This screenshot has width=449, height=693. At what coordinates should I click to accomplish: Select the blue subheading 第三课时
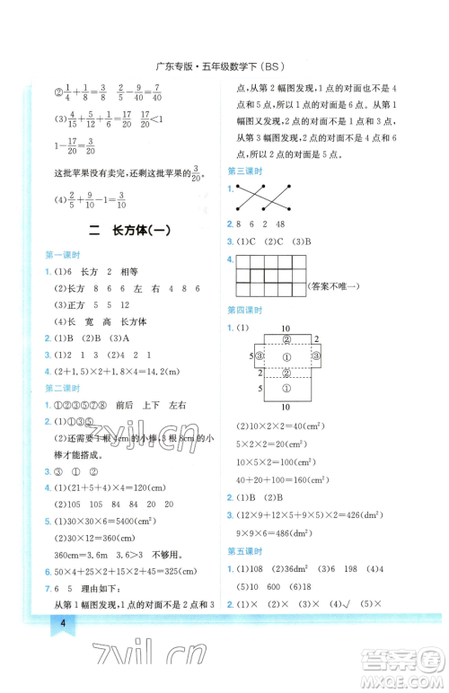[x=245, y=171]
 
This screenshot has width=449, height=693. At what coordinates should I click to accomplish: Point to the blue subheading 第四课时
[x=245, y=310]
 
